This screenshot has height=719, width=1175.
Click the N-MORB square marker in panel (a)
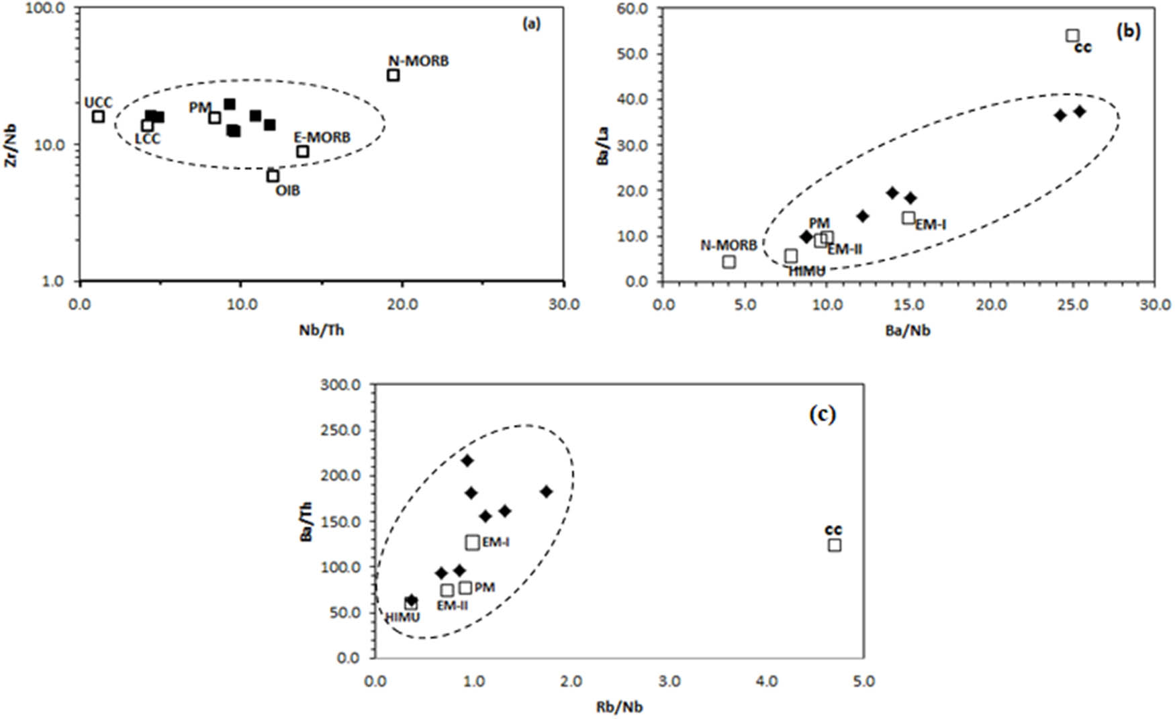[393, 75]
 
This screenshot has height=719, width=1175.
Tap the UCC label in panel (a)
[98, 103]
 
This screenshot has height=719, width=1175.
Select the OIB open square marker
[273, 176]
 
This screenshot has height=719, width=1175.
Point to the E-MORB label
[322, 138]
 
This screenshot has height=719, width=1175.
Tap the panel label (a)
[531, 24]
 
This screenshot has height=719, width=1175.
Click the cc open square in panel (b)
[1072, 36]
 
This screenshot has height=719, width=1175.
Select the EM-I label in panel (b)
[931, 225]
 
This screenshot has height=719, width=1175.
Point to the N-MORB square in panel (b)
[729, 262]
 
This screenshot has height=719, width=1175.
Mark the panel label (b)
[1128, 31]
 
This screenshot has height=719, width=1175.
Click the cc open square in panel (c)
[835, 545]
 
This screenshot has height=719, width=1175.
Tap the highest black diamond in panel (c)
[467, 461]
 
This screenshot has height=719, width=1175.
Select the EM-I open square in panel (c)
[473, 542]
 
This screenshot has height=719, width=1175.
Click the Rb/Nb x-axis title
[619, 707]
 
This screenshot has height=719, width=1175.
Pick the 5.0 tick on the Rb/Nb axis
[863, 681]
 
